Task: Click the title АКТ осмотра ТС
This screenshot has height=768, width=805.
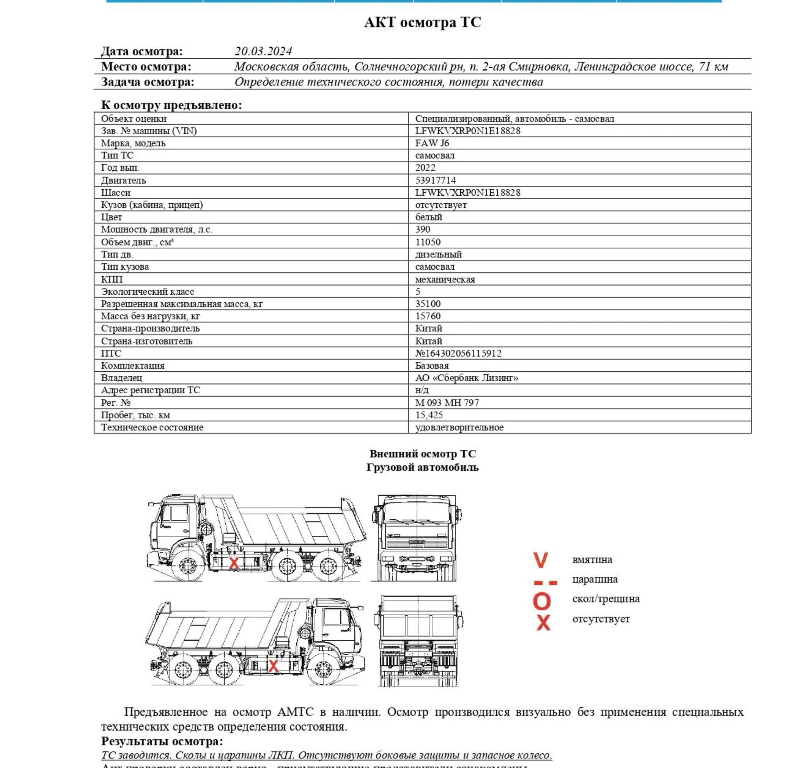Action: (422, 22)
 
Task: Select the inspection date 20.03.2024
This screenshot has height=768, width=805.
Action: (263, 51)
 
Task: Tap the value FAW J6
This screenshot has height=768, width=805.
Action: (432, 143)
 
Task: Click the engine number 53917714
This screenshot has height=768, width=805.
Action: (435, 180)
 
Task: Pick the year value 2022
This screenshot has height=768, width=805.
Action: (425, 167)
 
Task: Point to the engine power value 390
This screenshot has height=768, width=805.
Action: (422, 229)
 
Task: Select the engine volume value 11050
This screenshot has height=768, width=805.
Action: (428, 242)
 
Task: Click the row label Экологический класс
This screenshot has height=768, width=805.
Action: (148, 291)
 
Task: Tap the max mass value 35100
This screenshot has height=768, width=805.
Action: (428, 304)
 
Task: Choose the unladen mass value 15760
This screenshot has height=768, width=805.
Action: (428, 316)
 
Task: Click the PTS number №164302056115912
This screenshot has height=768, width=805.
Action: (458, 353)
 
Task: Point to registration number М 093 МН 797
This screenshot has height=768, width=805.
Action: (447, 403)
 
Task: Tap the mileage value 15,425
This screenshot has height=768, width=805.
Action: (429, 415)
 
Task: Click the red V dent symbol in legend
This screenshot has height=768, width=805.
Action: (540, 560)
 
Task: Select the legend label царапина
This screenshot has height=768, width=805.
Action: (595, 579)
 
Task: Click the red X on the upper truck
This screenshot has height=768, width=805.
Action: (233, 563)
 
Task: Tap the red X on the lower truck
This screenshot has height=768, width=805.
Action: (273, 666)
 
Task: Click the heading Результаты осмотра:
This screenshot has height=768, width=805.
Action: (162, 741)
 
